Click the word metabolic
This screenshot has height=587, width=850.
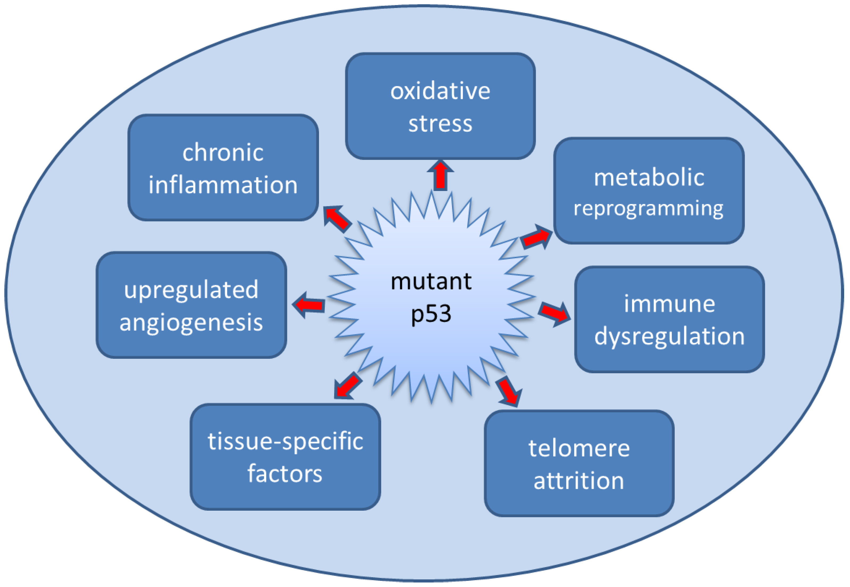coord(649,178)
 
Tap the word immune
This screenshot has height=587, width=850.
coord(669,304)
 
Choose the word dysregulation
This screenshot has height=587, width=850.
coord(669,336)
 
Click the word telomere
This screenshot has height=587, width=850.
coord(579,449)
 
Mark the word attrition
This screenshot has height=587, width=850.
coord(579,481)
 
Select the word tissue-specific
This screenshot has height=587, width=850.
coord(285,441)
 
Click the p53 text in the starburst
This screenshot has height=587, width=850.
coord(431,314)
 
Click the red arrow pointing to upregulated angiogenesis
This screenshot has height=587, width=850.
coord(309,305)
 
